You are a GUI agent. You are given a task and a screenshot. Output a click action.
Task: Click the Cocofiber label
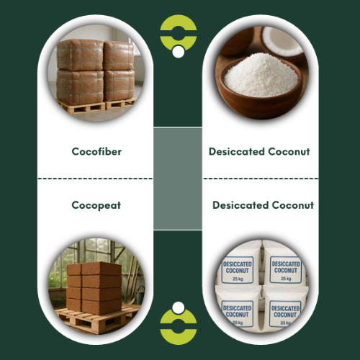[96, 151]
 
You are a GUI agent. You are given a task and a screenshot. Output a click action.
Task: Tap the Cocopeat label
[96, 205]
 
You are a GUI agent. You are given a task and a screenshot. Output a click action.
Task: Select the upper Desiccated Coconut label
[259, 151]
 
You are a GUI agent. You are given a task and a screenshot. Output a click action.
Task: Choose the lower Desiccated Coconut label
[264, 205]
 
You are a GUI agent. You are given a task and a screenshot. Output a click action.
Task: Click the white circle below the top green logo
[179, 52]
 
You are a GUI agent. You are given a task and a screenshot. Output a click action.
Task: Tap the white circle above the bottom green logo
[179, 307]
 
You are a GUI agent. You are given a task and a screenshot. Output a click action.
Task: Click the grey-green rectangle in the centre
[178, 179]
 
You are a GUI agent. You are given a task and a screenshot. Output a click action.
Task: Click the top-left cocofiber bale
[81, 55]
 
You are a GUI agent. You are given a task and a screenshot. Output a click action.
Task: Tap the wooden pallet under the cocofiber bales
[96, 107]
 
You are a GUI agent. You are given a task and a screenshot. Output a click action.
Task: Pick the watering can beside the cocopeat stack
[140, 294]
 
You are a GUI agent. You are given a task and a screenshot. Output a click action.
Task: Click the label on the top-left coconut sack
[237, 270]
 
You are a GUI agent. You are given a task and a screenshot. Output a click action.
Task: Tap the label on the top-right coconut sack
[286, 270]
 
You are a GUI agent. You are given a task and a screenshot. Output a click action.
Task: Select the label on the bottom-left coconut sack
[237, 313]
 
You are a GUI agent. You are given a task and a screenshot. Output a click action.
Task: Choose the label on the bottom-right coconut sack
[285, 313]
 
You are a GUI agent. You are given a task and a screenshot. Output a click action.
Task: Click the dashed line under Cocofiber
[95, 179]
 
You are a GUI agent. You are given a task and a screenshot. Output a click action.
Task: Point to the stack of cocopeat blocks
[94, 287]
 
